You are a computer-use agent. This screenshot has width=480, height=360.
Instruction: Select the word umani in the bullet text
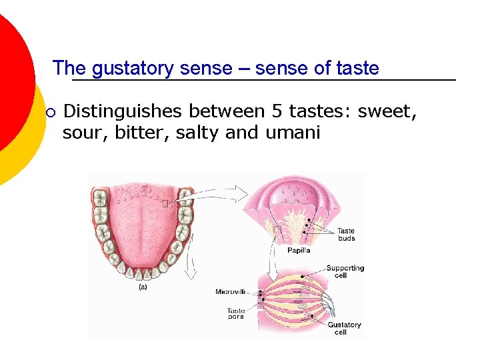(x=293, y=133)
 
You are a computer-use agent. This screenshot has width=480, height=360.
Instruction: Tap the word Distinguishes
(x=123, y=111)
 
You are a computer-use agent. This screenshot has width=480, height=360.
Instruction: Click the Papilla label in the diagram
(x=299, y=251)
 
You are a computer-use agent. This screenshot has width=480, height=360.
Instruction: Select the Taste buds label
(x=346, y=235)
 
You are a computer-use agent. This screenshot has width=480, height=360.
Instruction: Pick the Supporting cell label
(x=345, y=271)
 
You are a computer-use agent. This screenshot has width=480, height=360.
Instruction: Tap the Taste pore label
(x=235, y=313)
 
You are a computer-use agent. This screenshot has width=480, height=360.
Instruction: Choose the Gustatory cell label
(x=344, y=329)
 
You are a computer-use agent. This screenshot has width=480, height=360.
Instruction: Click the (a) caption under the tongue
(x=142, y=287)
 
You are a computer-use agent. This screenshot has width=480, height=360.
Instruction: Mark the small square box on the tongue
(x=165, y=203)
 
